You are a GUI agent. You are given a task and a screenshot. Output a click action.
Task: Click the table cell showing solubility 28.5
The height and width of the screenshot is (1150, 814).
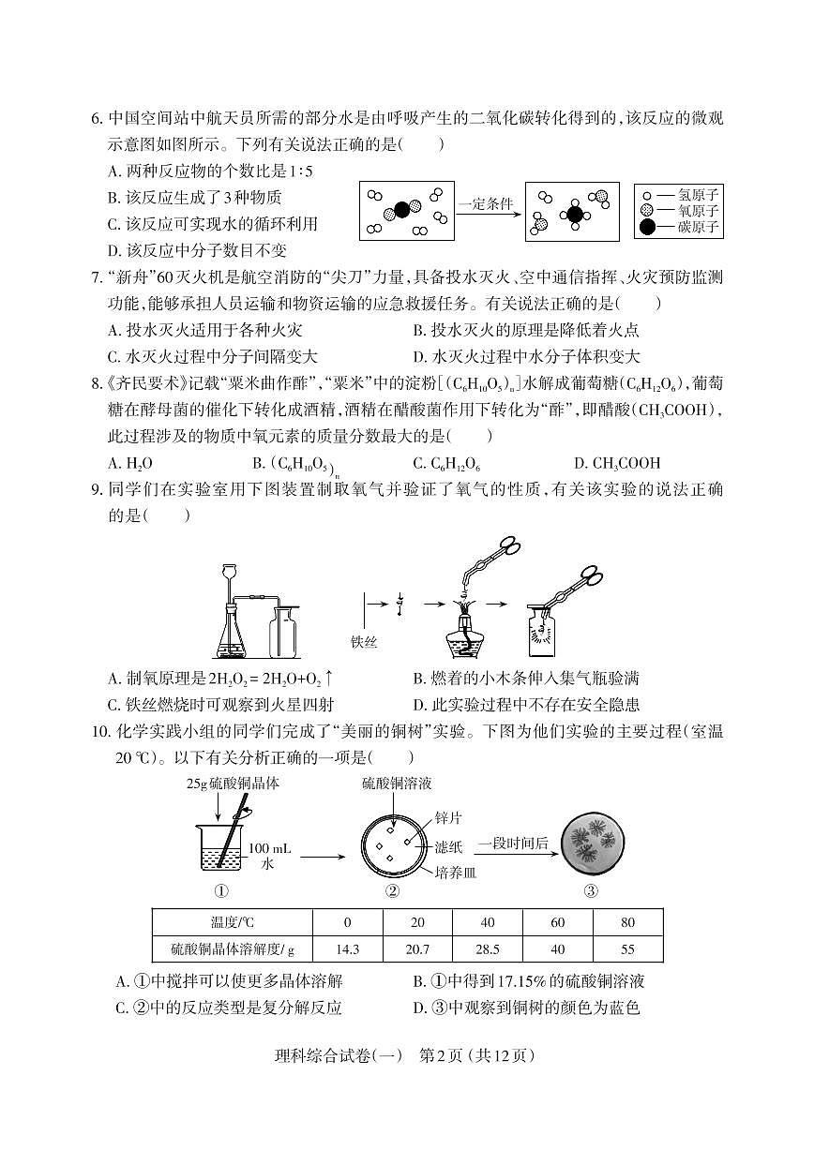(487, 948)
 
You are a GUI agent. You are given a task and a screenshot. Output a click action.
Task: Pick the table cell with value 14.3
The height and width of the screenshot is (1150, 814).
(347, 948)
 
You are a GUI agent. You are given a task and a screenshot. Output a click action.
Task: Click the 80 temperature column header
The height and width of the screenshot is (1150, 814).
(627, 922)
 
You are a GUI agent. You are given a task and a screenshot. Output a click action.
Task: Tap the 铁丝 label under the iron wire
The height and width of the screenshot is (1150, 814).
(363, 642)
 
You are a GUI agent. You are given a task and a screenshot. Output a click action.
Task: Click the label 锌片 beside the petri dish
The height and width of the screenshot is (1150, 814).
(447, 818)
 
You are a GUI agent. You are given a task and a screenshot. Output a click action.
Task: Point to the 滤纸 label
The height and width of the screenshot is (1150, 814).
(447, 846)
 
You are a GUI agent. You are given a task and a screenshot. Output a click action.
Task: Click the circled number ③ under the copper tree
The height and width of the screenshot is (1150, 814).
(591, 890)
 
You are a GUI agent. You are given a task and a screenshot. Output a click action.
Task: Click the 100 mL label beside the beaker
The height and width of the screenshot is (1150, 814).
(270, 848)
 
